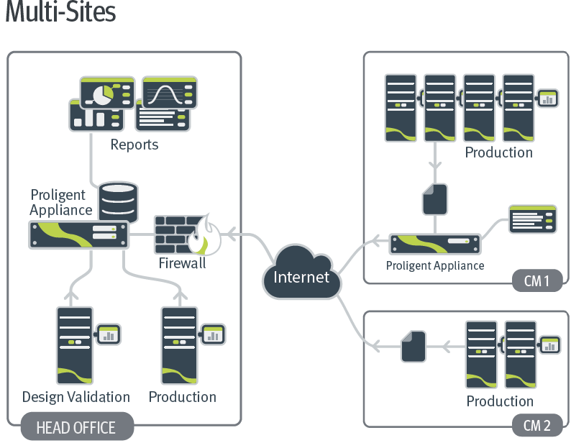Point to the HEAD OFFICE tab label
pyautogui.click(x=76, y=427)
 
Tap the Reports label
pyautogui.click(x=134, y=145)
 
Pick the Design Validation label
pyautogui.click(x=76, y=397)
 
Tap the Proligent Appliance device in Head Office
pyautogui.click(x=78, y=234)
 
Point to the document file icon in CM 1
pyautogui.click(x=434, y=199)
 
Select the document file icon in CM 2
pyautogui.click(x=414, y=346)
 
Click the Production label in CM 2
pyautogui.click(x=500, y=401)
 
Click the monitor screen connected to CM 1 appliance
pyautogui.click(x=532, y=219)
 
